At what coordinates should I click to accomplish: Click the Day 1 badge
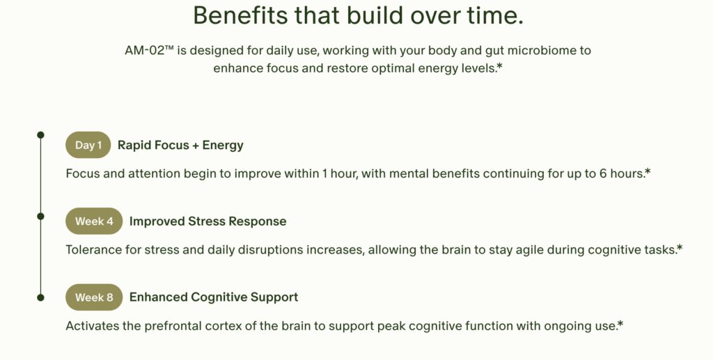click(x=88, y=145)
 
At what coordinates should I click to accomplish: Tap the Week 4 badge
click(x=94, y=221)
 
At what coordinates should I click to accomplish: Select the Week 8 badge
click(x=94, y=297)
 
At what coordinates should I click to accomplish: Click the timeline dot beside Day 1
click(x=40, y=135)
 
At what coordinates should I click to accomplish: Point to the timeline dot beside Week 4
click(x=40, y=217)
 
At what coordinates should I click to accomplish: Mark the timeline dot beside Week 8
click(x=40, y=298)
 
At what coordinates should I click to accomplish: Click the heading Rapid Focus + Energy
click(x=180, y=146)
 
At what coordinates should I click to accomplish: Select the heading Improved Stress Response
click(x=207, y=221)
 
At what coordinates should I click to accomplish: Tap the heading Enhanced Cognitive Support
click(x=214, y=297)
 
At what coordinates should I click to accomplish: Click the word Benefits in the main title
click(x=240, y=15)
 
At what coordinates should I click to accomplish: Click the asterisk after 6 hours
click(x=648, y=171)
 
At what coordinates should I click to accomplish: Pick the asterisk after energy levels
click(x=500, y=66)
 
